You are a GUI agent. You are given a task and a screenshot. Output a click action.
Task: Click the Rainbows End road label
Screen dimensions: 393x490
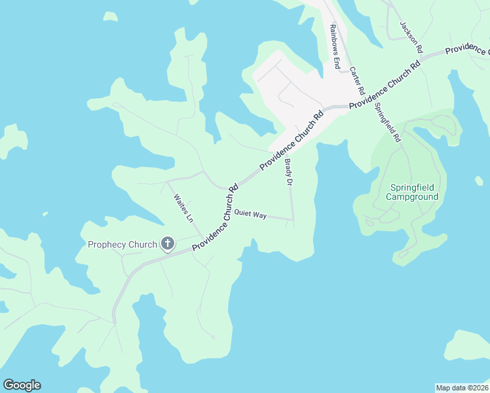tap(334, 47)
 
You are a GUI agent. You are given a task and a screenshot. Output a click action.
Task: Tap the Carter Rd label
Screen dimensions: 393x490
tap(356, 81)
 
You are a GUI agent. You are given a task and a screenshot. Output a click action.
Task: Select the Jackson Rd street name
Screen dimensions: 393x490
tap(412, 37)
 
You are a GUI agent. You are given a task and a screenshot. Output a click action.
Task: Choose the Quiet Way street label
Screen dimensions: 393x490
tap(250, 214)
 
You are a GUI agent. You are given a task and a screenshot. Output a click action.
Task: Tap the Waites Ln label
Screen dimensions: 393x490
tap(183, 207)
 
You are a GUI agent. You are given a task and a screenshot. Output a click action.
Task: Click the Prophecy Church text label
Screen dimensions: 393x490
tap(122, 245)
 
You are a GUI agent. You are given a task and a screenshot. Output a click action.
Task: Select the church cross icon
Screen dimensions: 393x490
tap(168, 244)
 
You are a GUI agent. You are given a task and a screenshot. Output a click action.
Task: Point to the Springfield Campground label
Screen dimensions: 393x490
tap(411, 192)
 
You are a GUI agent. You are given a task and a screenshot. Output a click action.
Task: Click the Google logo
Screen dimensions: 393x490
tap(22, 385)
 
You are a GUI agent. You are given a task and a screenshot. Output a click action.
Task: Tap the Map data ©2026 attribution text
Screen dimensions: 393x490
tap(462, 387)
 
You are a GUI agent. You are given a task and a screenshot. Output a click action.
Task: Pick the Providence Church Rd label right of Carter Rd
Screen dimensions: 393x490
tap(384, 85)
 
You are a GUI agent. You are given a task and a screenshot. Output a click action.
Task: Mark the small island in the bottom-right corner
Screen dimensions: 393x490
tap(469, 345)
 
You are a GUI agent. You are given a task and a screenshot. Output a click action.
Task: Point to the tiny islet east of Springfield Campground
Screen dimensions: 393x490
tap(479, 180)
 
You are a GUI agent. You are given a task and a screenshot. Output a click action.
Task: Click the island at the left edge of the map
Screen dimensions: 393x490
tap(12, 140)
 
